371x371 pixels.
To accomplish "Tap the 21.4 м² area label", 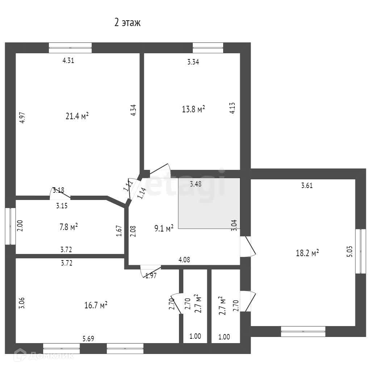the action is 77,116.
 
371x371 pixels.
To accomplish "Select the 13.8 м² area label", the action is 193,109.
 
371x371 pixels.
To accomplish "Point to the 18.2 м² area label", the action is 307,253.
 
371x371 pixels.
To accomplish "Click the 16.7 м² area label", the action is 96,305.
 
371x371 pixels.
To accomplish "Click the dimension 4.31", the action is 68,61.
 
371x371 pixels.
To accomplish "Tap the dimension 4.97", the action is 22,118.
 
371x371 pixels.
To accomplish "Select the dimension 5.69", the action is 88,339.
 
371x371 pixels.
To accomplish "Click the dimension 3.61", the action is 307,186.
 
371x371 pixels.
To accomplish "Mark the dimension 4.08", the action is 184,259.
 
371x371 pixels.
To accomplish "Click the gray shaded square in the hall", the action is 209,203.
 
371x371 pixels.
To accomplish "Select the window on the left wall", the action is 10,226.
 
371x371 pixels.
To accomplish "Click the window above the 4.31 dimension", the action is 70,48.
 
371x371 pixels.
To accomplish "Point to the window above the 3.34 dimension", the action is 208,48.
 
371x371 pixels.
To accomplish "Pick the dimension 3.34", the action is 193,62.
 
